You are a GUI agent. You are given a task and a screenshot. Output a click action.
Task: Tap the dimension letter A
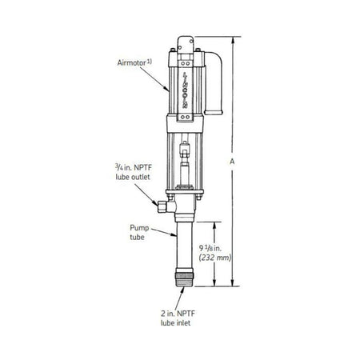(232, 160)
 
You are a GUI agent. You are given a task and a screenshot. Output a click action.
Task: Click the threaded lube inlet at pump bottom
(183, 279)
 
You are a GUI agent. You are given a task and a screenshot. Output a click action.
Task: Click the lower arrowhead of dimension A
(231, 286)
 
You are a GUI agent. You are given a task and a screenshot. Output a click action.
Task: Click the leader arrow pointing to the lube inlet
(183, 293)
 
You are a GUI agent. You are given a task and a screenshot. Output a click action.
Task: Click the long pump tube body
(182, 244)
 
